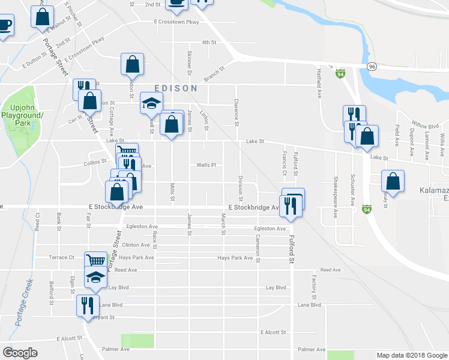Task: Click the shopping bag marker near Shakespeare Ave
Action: tap(393, 181)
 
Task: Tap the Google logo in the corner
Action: tap(20, 353)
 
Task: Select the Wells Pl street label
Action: tap(206, 165)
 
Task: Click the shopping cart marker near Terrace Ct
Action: tap(95, 260)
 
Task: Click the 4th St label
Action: tap(208, 43)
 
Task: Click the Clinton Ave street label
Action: tap(136, 245)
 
